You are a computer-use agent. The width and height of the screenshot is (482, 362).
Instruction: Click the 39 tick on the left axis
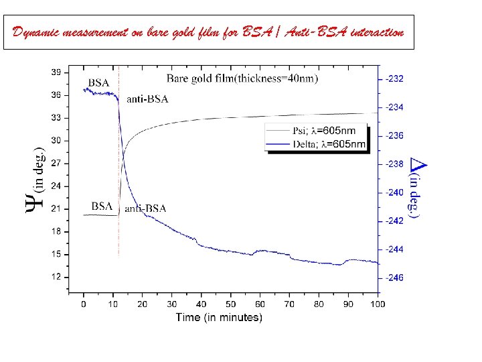click(58, 72)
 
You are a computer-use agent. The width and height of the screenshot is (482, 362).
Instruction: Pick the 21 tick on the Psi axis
click(58, 208)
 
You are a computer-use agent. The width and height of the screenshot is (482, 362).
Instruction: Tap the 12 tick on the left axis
click(58, 277)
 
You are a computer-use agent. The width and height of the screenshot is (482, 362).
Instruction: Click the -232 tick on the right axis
click(394, 79)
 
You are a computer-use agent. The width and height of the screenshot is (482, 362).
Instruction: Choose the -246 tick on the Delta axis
click(394, 278)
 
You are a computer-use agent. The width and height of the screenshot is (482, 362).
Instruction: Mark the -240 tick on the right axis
click(394, 192)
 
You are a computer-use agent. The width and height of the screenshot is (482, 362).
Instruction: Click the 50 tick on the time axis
click(230, 304)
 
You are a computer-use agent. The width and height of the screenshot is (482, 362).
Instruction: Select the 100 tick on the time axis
click(378, 304)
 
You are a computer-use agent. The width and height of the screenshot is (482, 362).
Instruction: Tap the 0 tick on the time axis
click(83, 304)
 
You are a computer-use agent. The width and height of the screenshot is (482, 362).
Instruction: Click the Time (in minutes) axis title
click(219, 317)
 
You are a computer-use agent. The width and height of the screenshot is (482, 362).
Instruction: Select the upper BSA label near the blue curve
click(98, 82)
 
